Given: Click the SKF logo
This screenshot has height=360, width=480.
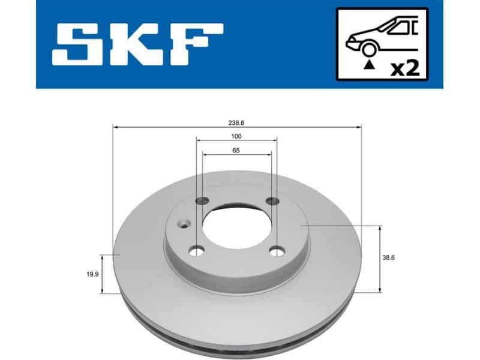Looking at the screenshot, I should pos(137,45).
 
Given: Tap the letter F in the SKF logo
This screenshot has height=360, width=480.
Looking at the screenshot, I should pos(197,45).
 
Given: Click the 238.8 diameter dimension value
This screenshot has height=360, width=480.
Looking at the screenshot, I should pos(236,122).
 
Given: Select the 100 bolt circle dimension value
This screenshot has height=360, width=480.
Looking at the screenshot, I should pos(236,137).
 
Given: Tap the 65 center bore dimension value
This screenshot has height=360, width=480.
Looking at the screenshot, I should pos(236,151).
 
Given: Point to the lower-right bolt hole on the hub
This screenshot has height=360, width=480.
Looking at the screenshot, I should pos(277,251).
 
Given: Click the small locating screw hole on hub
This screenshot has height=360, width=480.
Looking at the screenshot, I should pos(182,226).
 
